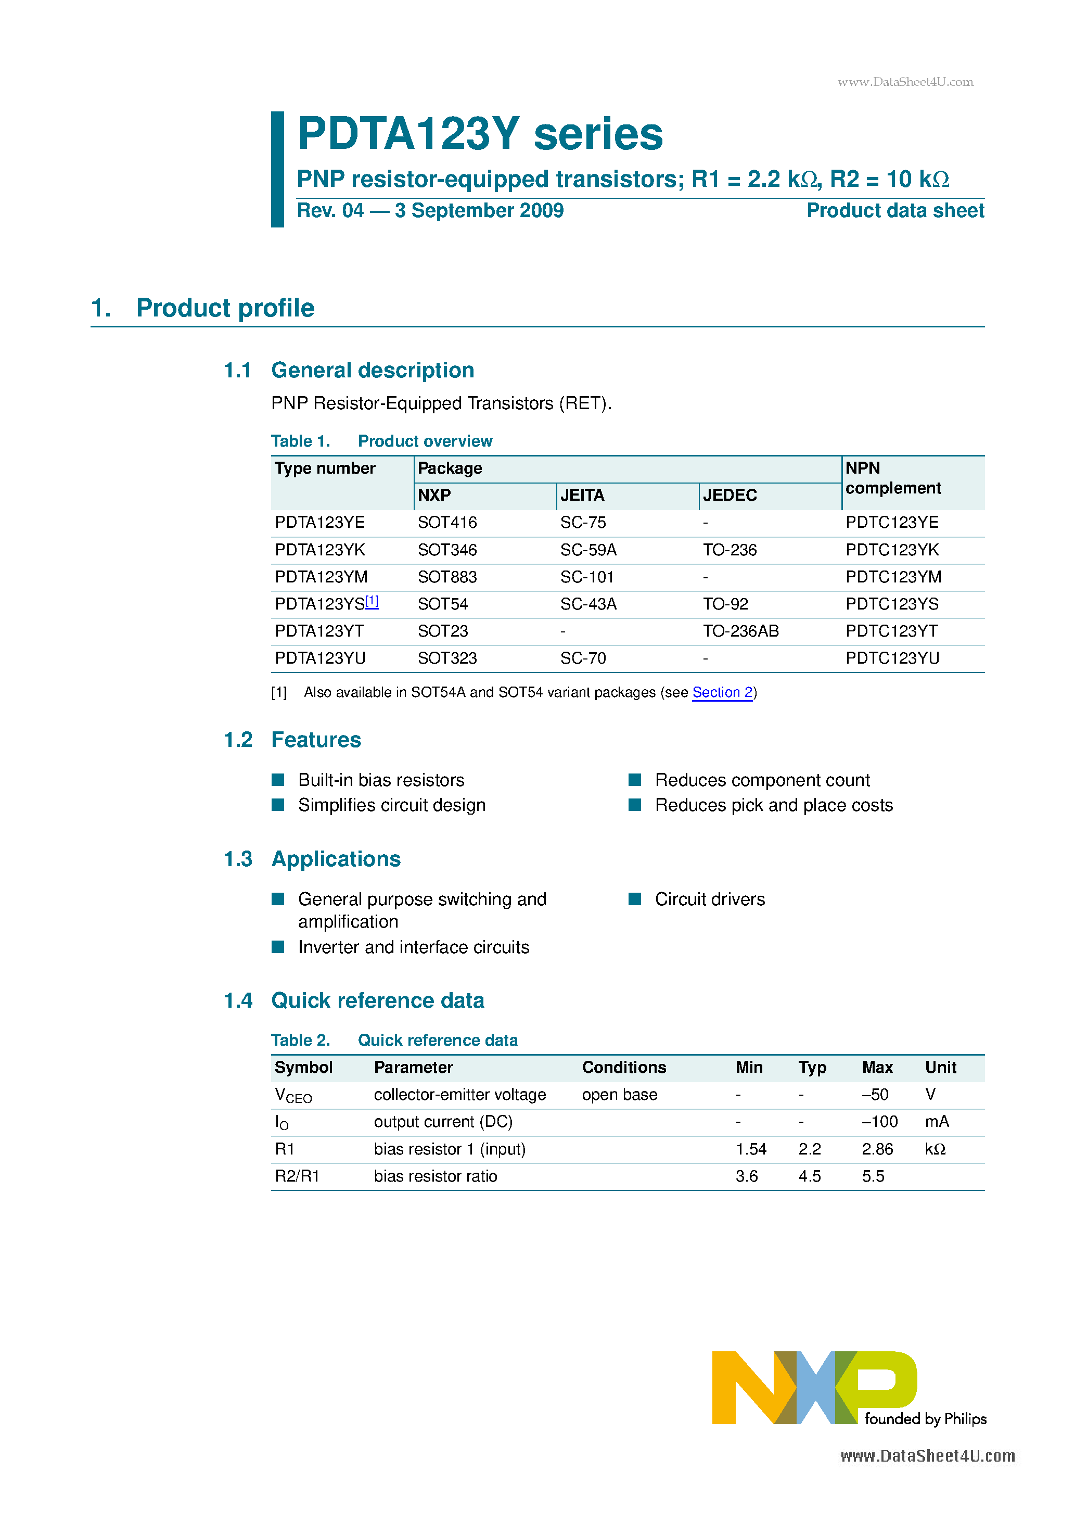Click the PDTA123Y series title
480,134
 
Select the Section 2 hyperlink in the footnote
722,692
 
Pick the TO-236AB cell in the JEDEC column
740,631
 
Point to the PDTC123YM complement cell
893,577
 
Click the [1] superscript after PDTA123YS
372,601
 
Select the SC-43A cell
588,604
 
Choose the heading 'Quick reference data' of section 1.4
377,1000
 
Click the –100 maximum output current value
879,1122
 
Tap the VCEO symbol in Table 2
292,1095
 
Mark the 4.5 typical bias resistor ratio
809,1176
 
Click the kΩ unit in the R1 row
935,1149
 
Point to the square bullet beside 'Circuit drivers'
634,899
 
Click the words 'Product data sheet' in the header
895,211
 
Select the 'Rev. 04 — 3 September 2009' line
429,211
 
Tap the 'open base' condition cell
619,1095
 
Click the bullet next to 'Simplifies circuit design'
278,805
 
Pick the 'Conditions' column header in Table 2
624,1067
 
